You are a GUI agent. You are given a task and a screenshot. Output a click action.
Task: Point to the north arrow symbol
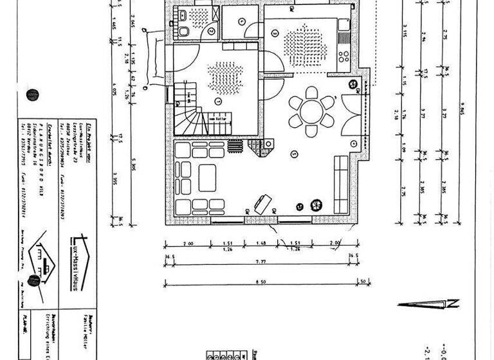(x=428, y=303)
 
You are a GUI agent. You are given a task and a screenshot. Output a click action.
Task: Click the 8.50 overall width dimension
(x=259, y=280)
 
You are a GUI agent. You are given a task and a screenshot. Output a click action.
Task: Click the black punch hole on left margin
(x=32, y=95)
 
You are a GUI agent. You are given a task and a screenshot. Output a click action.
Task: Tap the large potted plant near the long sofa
(x=316, y=205)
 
